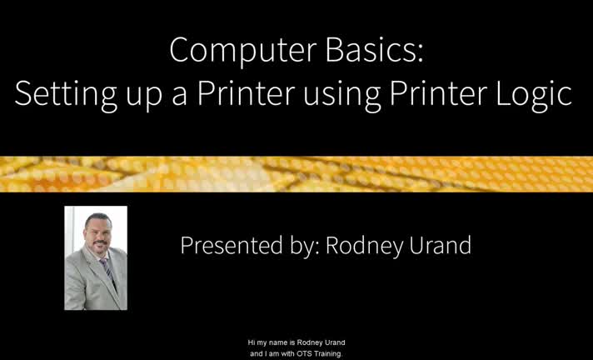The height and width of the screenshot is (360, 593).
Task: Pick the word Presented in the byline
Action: [223, 246]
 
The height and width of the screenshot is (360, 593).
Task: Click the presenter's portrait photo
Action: [96, 258]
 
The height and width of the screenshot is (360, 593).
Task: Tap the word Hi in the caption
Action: [252, 342]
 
